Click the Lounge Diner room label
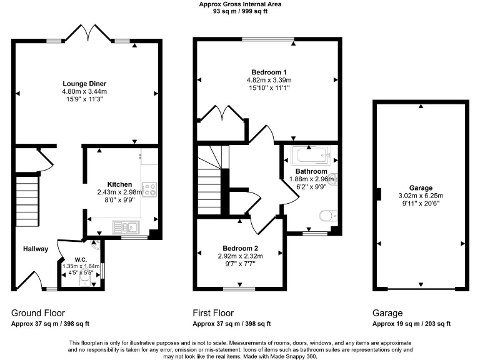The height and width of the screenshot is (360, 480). click(84, 84)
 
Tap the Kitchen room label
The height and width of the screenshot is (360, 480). click(119, 184)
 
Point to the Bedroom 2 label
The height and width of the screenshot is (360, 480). click(240, 248)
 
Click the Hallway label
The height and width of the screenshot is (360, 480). click(36, 249)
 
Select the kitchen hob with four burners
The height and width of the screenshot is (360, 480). click(150, 188)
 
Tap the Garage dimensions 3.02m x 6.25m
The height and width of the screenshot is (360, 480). click(420, 196)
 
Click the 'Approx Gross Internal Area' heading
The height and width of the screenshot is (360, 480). click(240, 4)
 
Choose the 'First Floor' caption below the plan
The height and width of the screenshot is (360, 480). click(214, 313)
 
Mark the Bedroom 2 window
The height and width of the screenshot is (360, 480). click(240, 288)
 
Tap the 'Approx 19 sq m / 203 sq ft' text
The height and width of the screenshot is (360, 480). click(411, 324)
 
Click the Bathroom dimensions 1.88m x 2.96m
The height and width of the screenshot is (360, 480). click(312, 179)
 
